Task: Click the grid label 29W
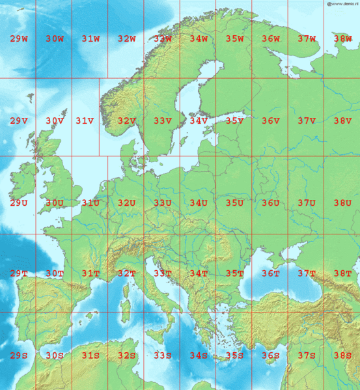(19, 39)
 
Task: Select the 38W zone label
(342, 39)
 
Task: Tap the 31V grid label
(85, 121)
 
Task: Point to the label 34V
(199, 121)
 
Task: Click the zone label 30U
(55, 203)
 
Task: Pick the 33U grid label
(163, 203)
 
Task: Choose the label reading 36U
(271, 203)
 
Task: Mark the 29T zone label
(19, 273)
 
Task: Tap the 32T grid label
(127, 273)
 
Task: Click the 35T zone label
(234, 273)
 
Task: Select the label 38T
(342, 273)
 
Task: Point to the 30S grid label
(55, 355)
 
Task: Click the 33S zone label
(163, 355)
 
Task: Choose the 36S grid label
(271, 355)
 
